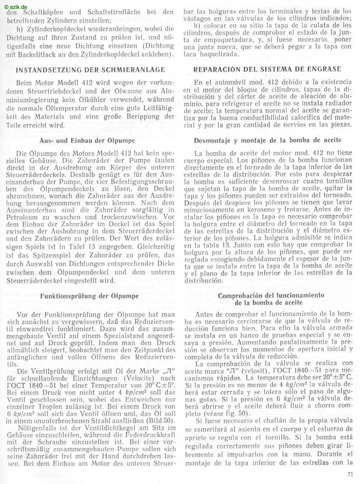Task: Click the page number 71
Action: tap(350, 473)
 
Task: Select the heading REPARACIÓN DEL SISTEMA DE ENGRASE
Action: tap(267, 69)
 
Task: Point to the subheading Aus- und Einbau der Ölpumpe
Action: tap(90, 140)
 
